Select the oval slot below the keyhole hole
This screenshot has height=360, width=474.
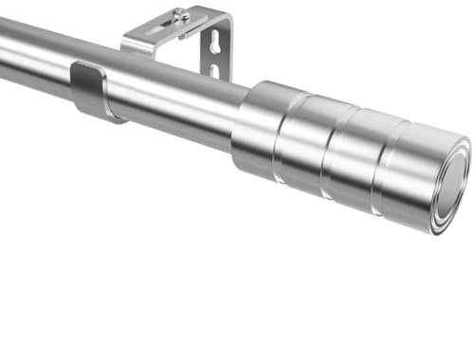pyautogui.click(x=213, y=71)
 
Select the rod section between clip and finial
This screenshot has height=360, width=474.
pyautogui.click(x=175, y=99)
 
